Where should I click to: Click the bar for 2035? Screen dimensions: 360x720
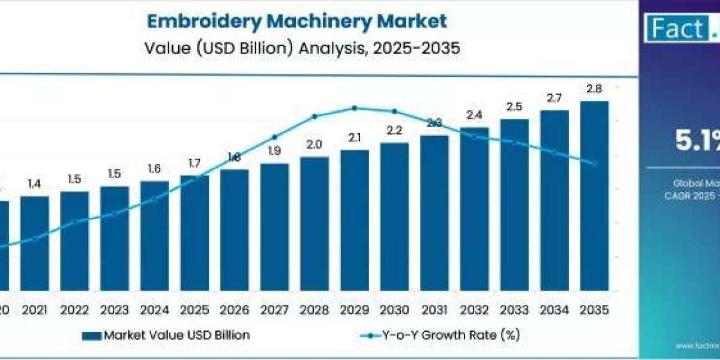(x=594, y=195)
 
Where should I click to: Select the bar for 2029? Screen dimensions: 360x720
(x=355, y=219)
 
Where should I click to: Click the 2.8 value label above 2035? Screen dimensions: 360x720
(x=594, y=89)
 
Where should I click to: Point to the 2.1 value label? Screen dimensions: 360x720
(x=355, y=137)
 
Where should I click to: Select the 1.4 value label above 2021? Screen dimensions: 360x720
(x=35, y=184)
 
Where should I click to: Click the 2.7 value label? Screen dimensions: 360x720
(x=554, y=98)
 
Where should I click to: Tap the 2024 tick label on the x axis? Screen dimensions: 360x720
(x=155, y=310)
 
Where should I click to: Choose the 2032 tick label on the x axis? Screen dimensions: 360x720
(x=475, y=310)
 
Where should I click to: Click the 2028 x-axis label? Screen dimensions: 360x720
(x=314, y=310)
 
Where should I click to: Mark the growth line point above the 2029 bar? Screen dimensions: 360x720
(x=355, y=108)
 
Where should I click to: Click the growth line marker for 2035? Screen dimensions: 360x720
(x=594, y=163)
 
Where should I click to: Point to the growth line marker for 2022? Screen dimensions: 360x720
(x=74, y=221)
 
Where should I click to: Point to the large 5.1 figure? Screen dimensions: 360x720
(x=696, y=141)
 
